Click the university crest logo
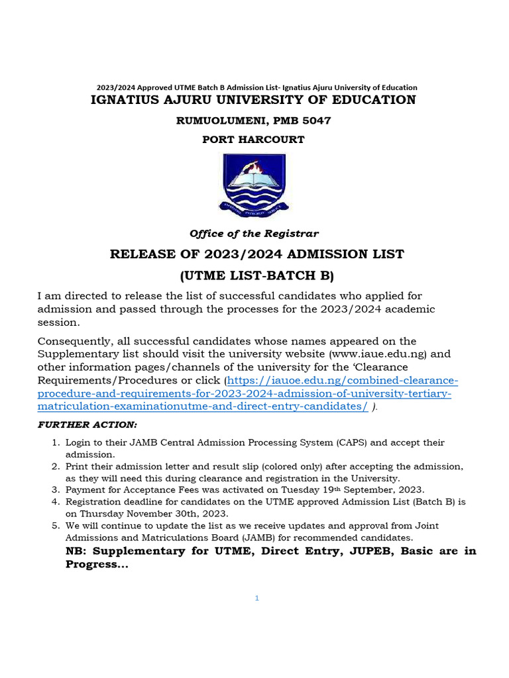254,182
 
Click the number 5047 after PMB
314,121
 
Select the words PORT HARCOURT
254,140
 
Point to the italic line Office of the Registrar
254,234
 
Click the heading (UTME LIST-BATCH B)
254,275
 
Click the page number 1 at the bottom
256,599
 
